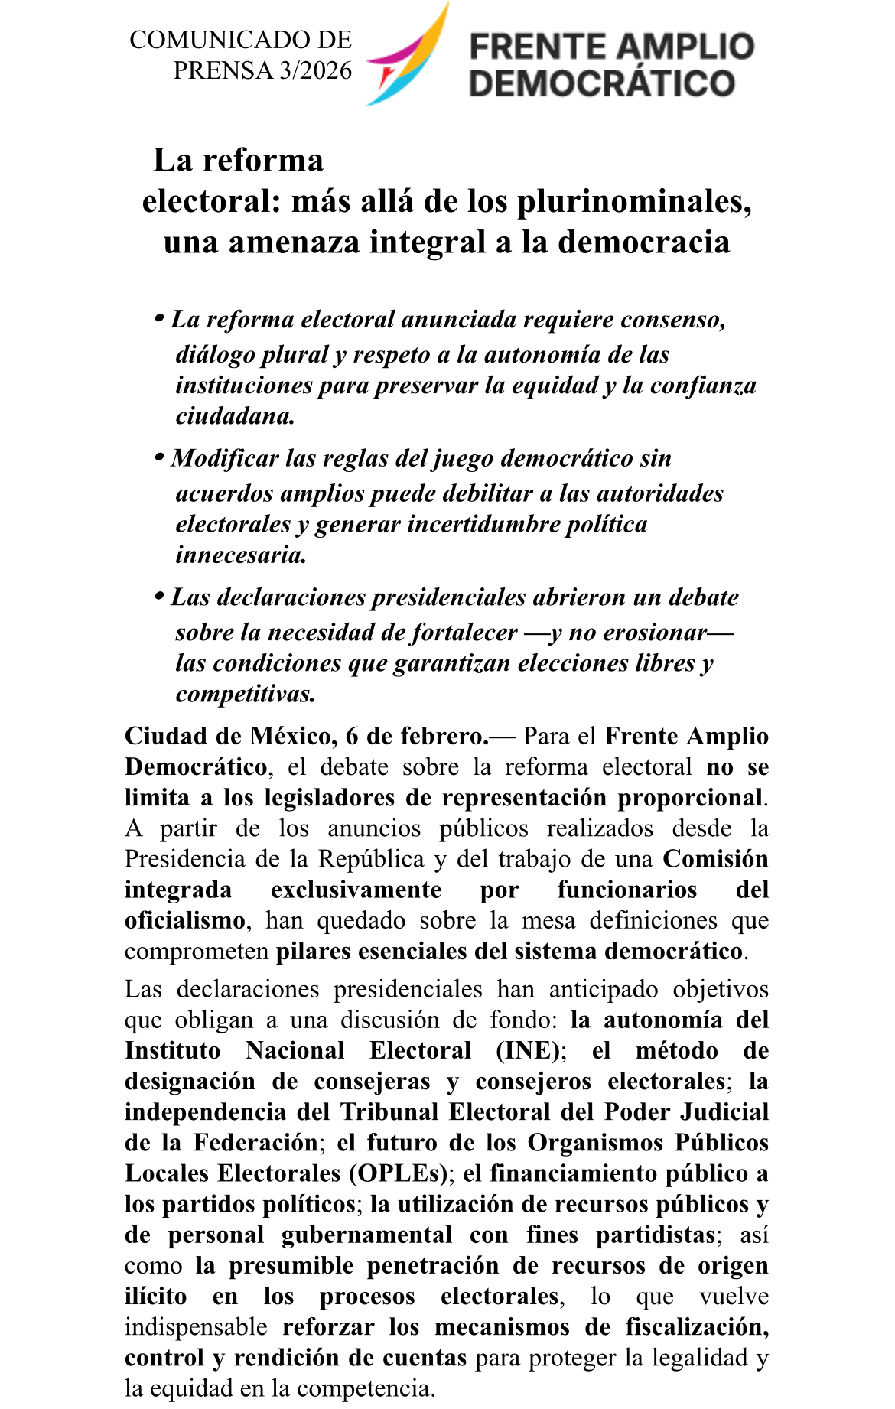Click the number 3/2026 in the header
(315, 70)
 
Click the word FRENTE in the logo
(535, 47)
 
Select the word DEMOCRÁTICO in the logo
(602, 83)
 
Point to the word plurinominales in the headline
(633, 201)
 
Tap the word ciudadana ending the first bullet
(235, 416)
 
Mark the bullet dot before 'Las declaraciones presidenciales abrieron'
(160, 595)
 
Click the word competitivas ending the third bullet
(245, 694)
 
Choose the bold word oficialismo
(185, 920)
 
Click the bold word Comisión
(715, 859)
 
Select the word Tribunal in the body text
(390, 1111)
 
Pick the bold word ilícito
(155, 1296)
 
